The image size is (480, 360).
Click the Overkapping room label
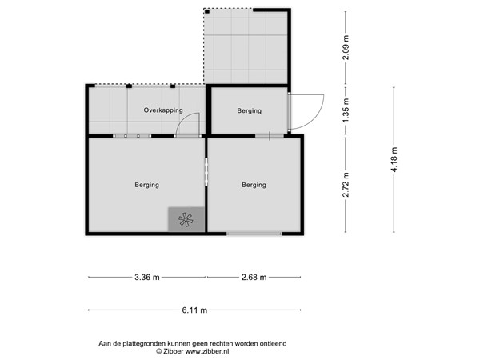point(163,110)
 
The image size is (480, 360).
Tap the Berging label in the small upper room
point(249,110)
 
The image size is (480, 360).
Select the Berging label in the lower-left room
point(146,185)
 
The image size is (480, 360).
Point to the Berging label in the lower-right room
point(254,185)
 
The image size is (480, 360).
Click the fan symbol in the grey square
point(186,220)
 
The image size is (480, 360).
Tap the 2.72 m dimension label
point(346,184)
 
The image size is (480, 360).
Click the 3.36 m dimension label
point(146,278)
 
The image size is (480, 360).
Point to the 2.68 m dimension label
point(254,278)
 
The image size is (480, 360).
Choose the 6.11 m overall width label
point(194,310)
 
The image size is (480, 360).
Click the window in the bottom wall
point(254,234)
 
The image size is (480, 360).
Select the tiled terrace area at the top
point(247,46)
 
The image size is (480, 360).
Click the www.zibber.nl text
point(210,351)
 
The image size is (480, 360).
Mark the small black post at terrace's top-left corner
point(206,11)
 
